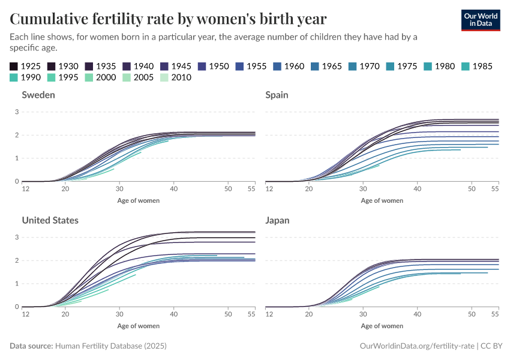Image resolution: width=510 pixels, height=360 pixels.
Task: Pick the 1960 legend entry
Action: [x=288, y=66]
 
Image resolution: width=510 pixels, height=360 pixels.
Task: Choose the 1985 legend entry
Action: [x=476, y=66]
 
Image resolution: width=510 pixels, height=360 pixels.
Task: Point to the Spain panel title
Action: [x=277, y=95]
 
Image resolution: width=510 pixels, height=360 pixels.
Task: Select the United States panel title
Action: [x=50, y=220]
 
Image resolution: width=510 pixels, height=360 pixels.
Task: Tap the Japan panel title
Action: [x=277, y=220]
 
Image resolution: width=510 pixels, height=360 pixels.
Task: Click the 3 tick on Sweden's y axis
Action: [x=17, y=112]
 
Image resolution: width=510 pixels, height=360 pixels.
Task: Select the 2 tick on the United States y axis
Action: [x=17, y=260]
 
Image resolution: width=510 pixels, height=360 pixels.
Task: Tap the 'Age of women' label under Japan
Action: [x=382, y=326]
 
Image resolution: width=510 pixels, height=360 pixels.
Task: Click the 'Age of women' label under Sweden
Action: [x=139, y=200]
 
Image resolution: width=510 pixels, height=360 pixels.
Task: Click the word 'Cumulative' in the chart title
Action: [x=47, y=19]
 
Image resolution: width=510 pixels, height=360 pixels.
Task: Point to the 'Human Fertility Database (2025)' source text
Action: [x=111, y=346]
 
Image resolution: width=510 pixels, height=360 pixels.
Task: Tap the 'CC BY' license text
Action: [x=491, y=346]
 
